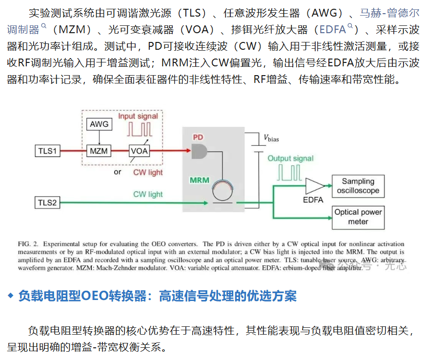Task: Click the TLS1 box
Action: coord(47,151)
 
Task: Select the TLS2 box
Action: coord(47,202)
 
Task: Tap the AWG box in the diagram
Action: coord(99,124)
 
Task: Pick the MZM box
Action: coord(99,151)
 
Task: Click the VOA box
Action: coord(140,151)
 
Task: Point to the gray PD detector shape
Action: coord(199,151)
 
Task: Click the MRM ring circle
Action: coord(223,191)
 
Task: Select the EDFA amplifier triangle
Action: coord(315,186)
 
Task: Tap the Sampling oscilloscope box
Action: coord(358,186)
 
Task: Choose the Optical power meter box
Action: coord(358,218)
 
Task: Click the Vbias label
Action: coord(271,138)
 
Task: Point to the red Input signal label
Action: coord(138,116)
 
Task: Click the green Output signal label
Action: coord(290,159)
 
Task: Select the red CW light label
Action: coord(148,172)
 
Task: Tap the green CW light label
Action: coord(148,194)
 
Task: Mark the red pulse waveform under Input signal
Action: coord(140,129)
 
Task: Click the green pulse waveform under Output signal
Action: coord(289,173)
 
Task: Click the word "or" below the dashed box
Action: coord(118,172)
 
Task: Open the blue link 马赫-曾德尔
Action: coord(389,13)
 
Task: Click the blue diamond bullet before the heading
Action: coord(11,296)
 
